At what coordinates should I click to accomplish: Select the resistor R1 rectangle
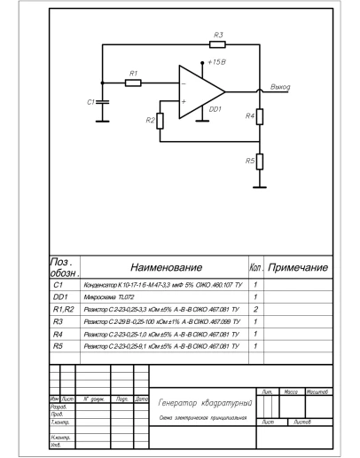pyautogui.click(x=133, y=83)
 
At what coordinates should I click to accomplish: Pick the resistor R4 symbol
pyautogui.click(x=260, y=116)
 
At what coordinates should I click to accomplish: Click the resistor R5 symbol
pyautogui.click(x=260, y=162)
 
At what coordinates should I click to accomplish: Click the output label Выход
pyautogui.click(x=280, y=87)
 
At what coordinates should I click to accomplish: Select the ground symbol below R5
pyautogui.click(x=260, y=186)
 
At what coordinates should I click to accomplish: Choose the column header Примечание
pyautogui.click(x=298, y=266)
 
